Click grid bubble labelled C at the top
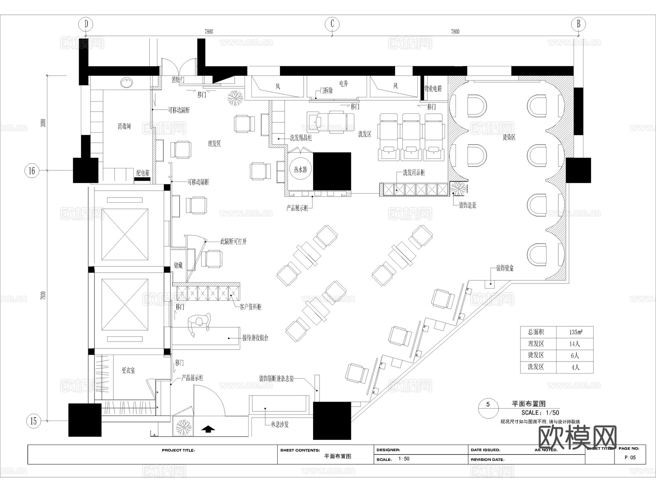[332, 24]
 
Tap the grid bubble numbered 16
[32, 170]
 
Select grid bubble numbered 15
[33, 421]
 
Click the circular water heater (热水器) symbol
[301, 170]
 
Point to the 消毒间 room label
[124, 126]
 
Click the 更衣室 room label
[128, 370]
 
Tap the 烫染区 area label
[509, 137]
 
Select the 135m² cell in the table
[575, 332]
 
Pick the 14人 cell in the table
[575, 344]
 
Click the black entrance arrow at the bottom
[208, 429]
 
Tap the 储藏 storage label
[178, 265]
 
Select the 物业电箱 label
[433, 89]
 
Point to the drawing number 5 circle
[488, 404]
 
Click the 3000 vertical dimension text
[43, 123]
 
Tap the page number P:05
[630, 458]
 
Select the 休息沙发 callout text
[280, 425]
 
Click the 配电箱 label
[143, 173]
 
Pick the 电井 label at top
[343, 84]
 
